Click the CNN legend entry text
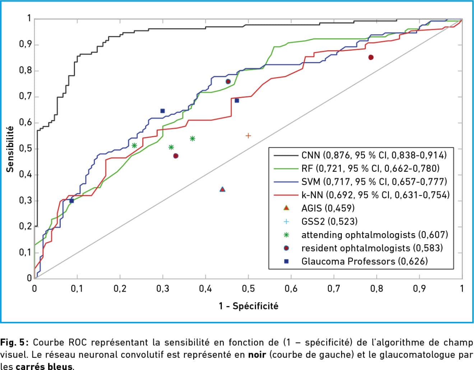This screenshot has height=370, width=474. click(374, 155)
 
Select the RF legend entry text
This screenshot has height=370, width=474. click(370, 168)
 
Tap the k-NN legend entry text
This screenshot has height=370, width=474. click(375, 195)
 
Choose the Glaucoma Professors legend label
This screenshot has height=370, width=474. click(364, 261)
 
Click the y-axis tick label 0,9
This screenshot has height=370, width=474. click(25, 45)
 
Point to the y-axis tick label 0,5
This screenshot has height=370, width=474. click(25, 149)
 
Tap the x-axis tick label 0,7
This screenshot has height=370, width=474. click(334, 289)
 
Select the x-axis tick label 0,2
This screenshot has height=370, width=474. click(120, 289)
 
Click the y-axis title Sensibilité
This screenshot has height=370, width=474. click(10, 149)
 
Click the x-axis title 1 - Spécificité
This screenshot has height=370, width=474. click(248, 306)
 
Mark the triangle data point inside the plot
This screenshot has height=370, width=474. click(222, 189)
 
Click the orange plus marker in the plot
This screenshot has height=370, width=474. click(248, 136)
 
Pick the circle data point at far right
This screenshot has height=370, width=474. click(371, 57)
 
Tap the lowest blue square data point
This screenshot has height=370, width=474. click(71, 201)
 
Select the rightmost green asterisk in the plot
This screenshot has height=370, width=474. click(192, 139)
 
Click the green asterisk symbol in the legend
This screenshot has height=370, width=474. click(286, 235)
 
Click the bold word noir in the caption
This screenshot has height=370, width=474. click(257, 355)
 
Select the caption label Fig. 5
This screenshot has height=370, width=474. click(12, 342)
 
